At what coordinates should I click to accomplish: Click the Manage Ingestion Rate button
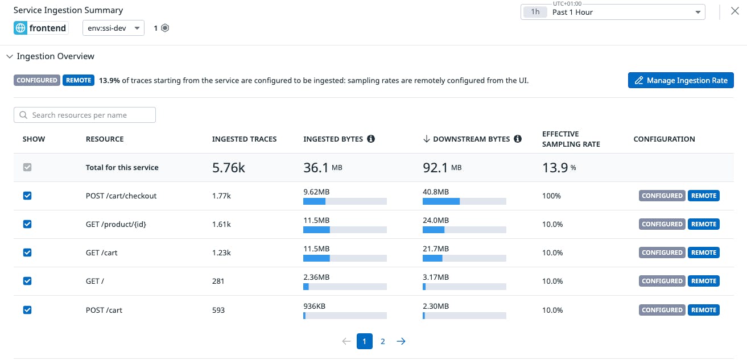680,80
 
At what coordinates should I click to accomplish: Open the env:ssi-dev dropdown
113,28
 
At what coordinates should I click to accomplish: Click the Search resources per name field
85,115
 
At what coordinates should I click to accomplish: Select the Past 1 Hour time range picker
612,12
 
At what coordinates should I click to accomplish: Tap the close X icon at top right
734,11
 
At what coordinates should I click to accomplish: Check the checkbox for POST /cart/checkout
27,196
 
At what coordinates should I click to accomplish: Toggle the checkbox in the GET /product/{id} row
27,224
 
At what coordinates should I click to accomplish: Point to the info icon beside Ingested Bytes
371,139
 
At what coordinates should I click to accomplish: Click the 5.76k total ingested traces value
228,167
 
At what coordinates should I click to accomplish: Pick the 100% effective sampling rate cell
551,196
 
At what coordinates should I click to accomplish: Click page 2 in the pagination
383,341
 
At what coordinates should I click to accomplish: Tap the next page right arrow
401,341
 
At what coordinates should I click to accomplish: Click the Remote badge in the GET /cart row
703,253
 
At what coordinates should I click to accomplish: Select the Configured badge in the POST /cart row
662,310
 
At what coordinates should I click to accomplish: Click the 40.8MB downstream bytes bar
464,201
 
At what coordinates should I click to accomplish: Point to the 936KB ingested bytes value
314,306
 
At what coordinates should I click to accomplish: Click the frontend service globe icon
20,28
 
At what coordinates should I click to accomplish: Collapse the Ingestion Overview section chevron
9,56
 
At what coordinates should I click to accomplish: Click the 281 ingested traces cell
218,281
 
